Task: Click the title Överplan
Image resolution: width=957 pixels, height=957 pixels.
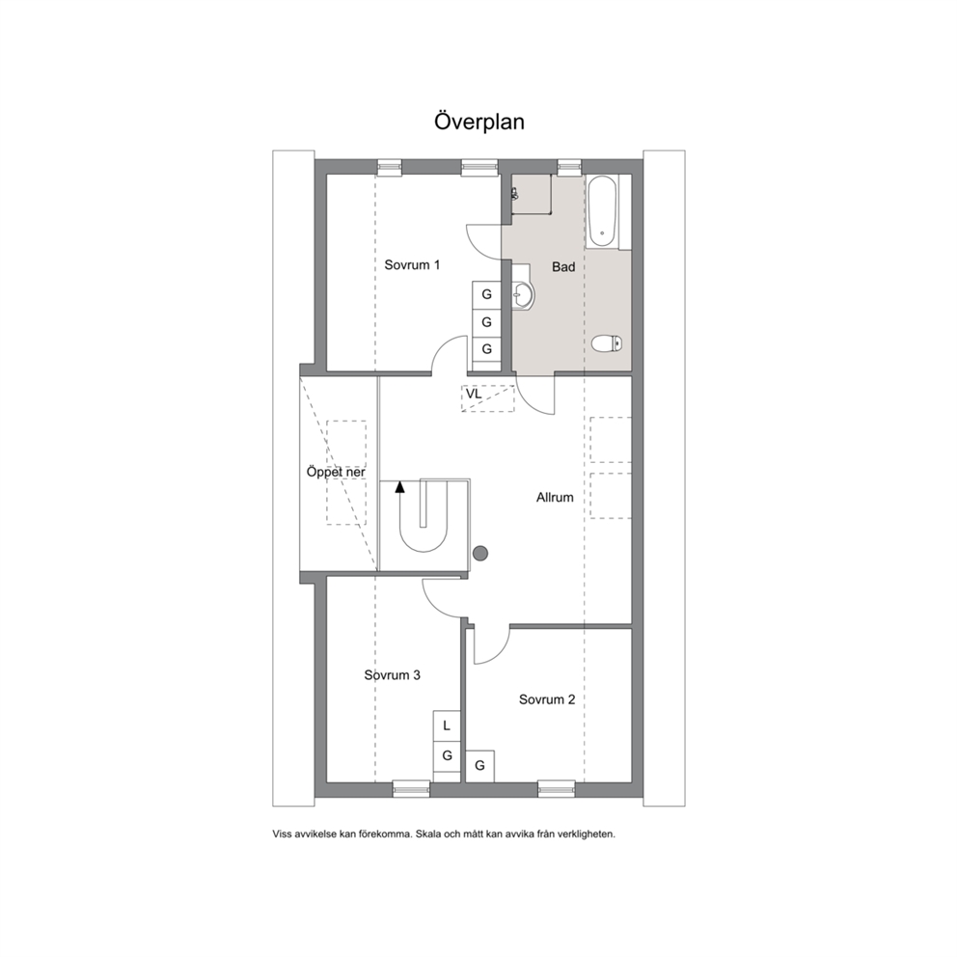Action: (x=479, y=121)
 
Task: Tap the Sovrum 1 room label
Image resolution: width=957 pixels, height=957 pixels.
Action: (x=412, y=265)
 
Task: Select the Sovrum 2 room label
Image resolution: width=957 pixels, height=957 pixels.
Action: (x=547, y=699)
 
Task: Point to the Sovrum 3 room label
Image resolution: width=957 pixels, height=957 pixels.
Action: (x=393, y=675)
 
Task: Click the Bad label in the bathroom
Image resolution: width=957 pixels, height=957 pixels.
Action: (x=563, y=266)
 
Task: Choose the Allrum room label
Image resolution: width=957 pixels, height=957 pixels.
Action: (x=555, y=498)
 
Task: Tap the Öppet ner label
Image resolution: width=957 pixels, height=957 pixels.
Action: (x=336, y=473)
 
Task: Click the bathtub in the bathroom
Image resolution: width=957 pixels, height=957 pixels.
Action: (x=602, y=212)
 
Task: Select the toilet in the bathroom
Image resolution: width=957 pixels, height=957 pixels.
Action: (x=607, y=343)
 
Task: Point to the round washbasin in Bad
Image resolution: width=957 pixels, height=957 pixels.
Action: (x=523, y=295)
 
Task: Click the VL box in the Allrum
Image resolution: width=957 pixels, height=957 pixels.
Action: (x=487, y=398)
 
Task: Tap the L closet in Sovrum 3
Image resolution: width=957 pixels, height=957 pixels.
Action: (x=447, y=725)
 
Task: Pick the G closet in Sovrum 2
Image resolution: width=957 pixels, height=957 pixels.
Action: (x=479, y=765)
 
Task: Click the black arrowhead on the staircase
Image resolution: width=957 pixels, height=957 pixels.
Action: (x=400, y=486)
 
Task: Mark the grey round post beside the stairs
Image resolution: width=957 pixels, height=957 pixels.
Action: (x=481, y=554)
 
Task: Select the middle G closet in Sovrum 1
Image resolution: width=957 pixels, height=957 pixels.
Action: (x=486, y=321)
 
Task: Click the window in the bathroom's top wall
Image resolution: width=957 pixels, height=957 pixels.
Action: (x=569, y=167)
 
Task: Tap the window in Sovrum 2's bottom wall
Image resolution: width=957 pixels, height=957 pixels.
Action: (x=556, y=789)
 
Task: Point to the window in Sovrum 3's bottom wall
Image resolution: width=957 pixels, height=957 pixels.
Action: (x=411, y=789)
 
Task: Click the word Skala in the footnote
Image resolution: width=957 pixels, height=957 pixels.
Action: (x=427, y=834)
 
